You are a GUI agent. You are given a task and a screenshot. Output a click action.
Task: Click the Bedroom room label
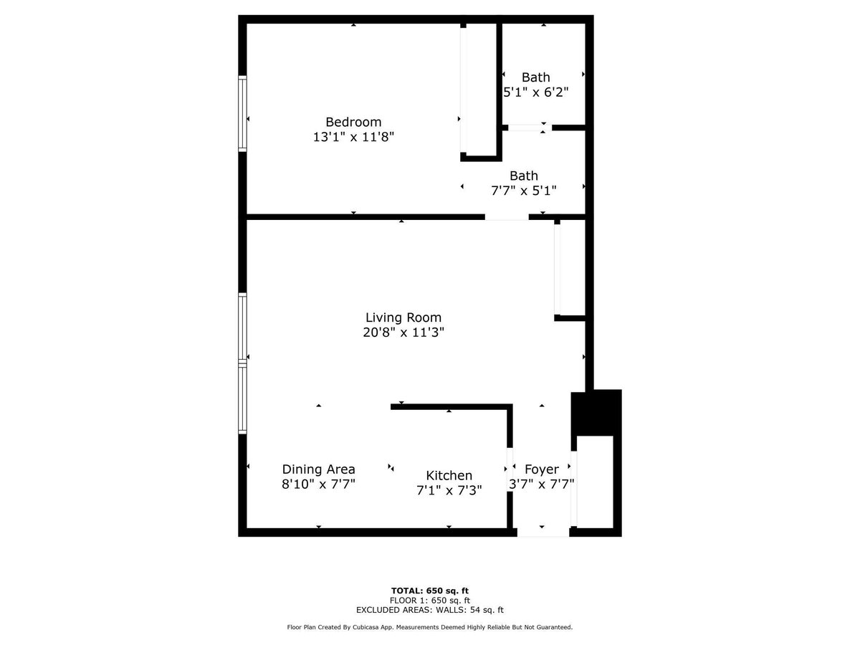pos(353,122)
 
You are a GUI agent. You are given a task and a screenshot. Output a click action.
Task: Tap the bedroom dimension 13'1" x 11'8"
pos(353,137)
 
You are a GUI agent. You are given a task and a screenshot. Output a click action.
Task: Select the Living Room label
pos(403,317)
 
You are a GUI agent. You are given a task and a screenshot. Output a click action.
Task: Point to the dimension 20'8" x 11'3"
pos(403,333)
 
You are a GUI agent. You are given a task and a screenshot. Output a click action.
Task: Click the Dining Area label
pos(318,469)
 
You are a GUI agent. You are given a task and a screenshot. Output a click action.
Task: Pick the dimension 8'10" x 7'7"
pos(318,484)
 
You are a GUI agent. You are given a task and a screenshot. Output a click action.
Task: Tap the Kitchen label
pos(449,475)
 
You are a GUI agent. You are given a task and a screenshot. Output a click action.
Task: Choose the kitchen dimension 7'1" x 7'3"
pos(449,490)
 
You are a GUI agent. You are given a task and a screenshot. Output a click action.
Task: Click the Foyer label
pos(541,469)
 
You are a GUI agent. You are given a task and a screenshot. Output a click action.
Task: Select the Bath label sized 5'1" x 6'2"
pos(536,77)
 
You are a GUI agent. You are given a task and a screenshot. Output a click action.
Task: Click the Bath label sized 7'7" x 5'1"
pos(524,176)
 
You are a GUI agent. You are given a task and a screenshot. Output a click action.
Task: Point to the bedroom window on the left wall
pos(243,114)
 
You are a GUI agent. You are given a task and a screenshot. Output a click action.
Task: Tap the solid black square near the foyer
pos(596,412)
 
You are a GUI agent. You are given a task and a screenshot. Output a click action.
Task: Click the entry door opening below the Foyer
pos(543,532)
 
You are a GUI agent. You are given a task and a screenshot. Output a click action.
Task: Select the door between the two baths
pos(526,128)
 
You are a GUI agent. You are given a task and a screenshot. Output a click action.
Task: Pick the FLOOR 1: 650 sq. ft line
pos(430,601)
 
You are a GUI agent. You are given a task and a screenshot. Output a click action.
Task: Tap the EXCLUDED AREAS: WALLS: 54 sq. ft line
pos(430,611)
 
